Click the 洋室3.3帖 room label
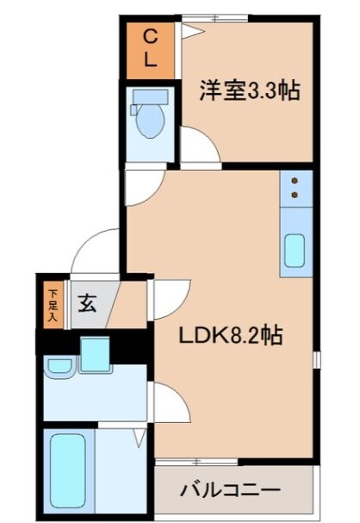tap(251, 90)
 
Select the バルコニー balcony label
tap(230, 489)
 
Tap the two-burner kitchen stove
tap(295, 187)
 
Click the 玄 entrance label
tap(87, 303)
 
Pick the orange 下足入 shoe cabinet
tap(52, 303)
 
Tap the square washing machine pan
tap(93, 354)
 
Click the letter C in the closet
tap(149, 35)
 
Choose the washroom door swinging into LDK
tap(170, 401)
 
